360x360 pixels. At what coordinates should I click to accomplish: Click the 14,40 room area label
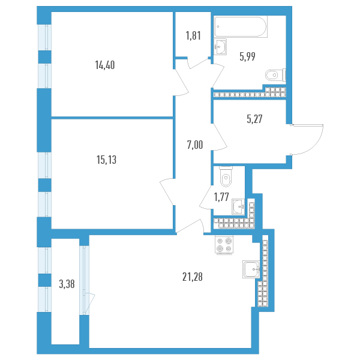point(104,65)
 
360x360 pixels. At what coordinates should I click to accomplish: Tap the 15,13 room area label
point(104,160)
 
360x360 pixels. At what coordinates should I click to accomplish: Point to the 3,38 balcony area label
point(67,285)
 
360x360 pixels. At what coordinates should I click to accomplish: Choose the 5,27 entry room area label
point(254,119)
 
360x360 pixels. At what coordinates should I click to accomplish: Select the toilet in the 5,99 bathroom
point(274,75)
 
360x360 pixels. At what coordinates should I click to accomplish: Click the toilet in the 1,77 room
point(226,177)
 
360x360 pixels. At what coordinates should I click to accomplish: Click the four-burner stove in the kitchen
point(227,244)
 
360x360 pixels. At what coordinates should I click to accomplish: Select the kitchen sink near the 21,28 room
point(251,270)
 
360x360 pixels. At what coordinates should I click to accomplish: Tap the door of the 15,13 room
point(167,192)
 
